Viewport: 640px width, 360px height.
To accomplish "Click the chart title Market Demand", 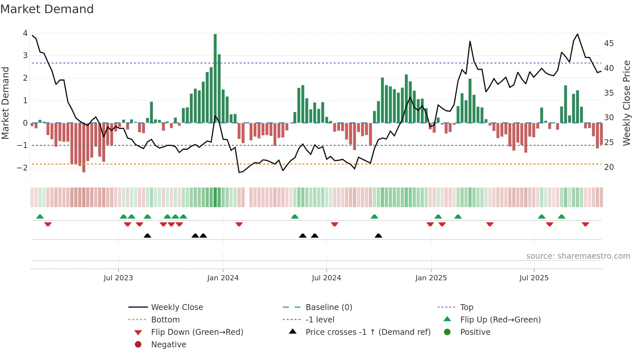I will [x=47, y=9].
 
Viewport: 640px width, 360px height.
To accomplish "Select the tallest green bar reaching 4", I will [x=215, y=78].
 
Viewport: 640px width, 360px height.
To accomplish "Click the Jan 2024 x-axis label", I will [x=223, y=278].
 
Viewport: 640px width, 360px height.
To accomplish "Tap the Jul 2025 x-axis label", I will [x=534, y=278].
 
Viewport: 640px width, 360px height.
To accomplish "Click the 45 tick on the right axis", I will [x=609, y=43].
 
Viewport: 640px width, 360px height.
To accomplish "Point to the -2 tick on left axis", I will [x=22, y=168].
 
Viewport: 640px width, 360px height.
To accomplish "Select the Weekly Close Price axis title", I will [x=626, y=103].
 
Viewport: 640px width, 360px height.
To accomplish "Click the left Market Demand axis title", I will [x=5, y=103].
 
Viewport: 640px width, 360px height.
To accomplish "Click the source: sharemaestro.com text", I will [x=578, y=256].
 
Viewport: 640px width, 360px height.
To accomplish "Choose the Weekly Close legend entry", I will [x=177, y=307].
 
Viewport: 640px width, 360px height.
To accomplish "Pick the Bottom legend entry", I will [x=165, y=320].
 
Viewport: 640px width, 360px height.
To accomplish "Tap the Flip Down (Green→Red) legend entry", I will [x=197, y=332].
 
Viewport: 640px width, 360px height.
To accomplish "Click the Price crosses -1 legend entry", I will [x=368, y=332].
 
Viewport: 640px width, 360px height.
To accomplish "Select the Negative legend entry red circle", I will [x=138, y=345].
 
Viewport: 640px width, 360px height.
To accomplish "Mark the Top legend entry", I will [x=467, y=307].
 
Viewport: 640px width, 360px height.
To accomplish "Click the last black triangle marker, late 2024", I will [x=378, y=236].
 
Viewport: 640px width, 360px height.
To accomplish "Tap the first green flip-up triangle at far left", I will [x=40, y=217].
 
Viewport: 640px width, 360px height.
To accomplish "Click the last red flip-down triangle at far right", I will [x=585, y=224].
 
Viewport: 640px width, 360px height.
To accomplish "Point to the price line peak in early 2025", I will [x=470, y=41].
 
